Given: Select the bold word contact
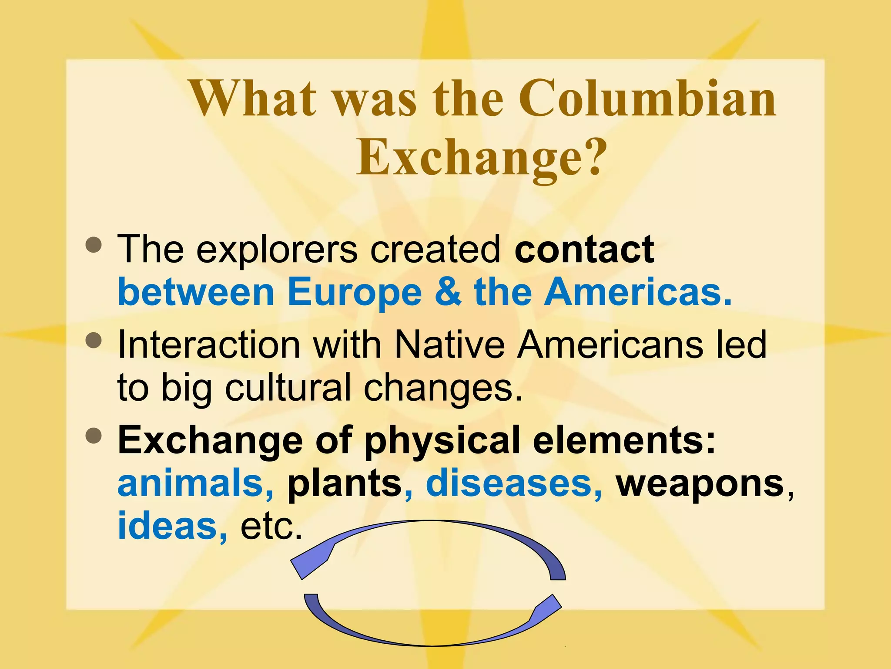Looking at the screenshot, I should [584, 250].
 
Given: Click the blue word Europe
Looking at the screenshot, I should [354, 293].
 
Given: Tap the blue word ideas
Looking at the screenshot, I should [167, 526].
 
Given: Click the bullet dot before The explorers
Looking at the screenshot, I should [94, 245].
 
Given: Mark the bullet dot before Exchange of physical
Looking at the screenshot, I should [94, 435].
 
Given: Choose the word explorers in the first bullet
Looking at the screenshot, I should [277, 250].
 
